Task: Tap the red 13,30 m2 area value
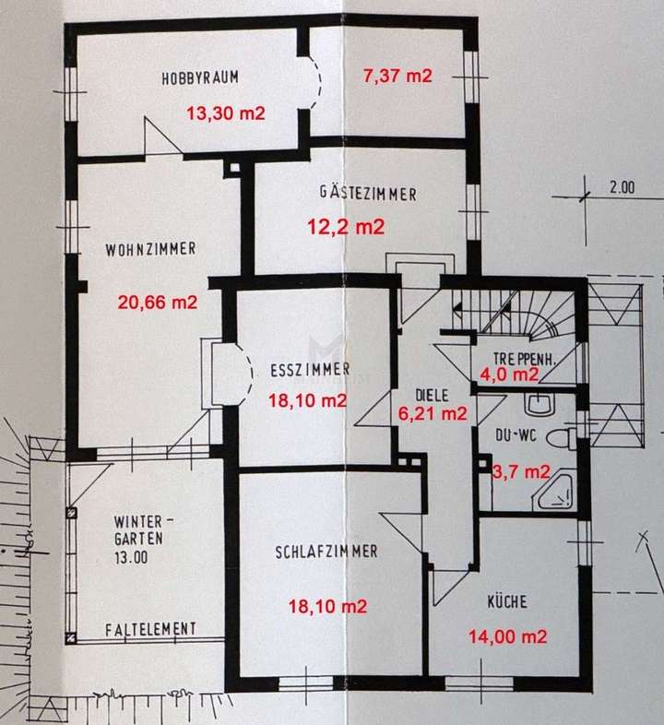click(x=226, y=113)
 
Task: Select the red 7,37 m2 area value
click(x=397, y=77)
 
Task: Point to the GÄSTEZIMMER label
click(x=368, y=195)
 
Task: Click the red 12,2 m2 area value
click(x=345, y=227)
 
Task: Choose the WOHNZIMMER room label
click(x=150, y=249)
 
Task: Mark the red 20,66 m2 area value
click(x=158, y=301)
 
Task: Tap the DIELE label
click(x=431, y=394)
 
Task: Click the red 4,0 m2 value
click(x=510, y=374)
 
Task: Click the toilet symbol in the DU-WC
click(x=559, y=434)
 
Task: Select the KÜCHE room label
click(x=507, y=602)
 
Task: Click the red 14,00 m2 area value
click(x=508, y=636)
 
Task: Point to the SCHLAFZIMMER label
click(x=326, y=552)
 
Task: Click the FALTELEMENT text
click(x=150, y=628)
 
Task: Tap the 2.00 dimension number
click(x=622, y=187)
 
